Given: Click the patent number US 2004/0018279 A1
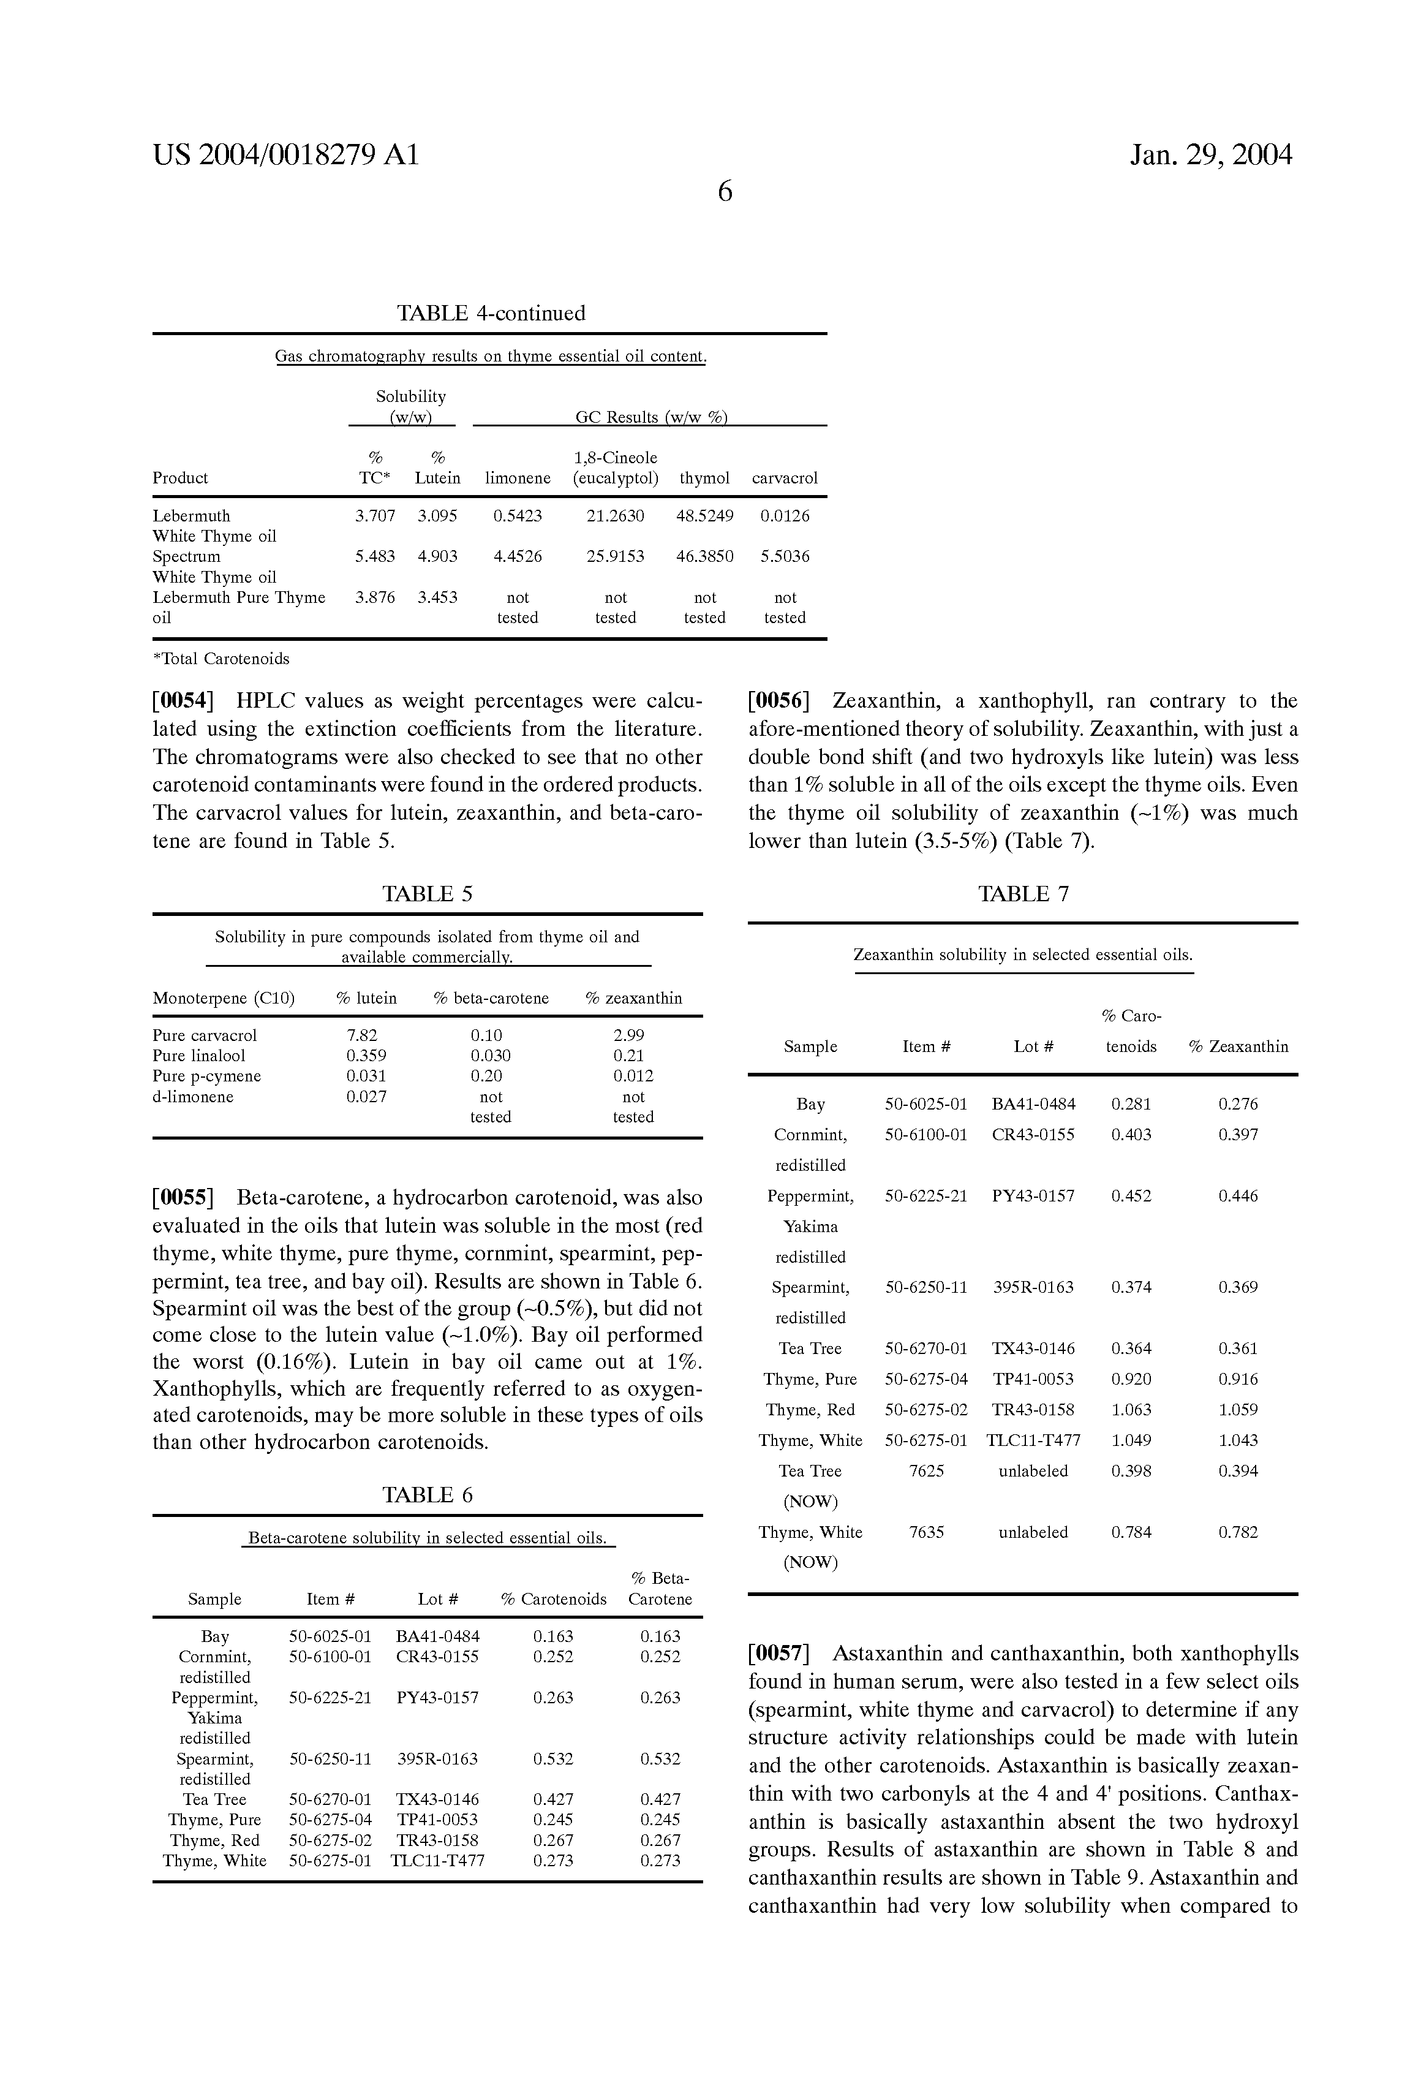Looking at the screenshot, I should [285, 156].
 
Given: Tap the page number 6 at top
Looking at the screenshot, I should [725, 191].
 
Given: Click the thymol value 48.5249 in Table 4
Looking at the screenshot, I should [704, 516].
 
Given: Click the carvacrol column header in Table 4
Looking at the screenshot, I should [784, 478].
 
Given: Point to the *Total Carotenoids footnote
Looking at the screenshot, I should [221, 659].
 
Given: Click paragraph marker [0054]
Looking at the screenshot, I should [183, 701].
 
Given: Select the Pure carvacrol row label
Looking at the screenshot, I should [205, 1035].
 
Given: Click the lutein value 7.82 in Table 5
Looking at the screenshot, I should [362, 1035].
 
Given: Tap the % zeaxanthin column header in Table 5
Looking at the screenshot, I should [633, 998].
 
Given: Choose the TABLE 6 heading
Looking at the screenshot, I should [427, 1495].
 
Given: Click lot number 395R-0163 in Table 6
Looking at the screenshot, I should [437, 1758].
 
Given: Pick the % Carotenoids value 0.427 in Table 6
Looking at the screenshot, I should [552, 1799].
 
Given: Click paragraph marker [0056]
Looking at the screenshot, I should [778, 701].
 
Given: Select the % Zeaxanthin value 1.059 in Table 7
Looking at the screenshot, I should [1238, 1410].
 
